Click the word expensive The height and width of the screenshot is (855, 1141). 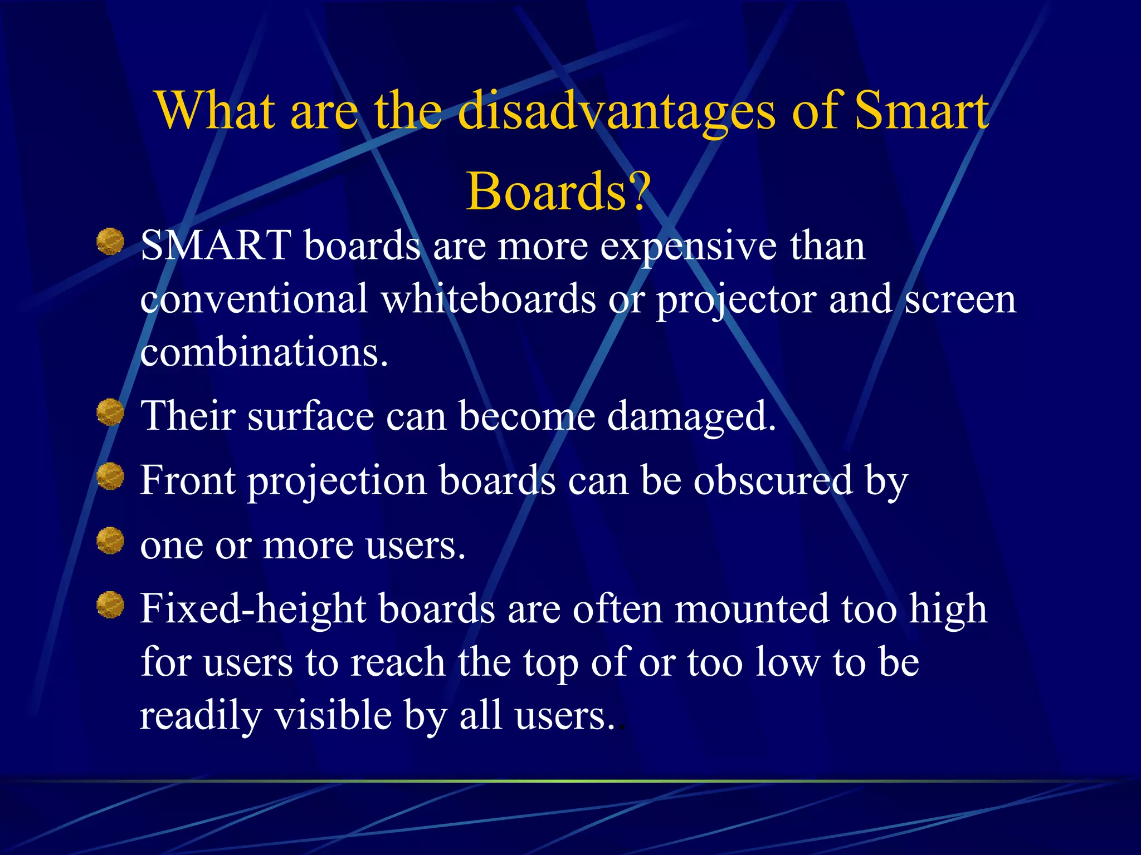pyautogui.click(x=688, y=247)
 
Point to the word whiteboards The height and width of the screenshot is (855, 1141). pyautogui.click(x=489, y=299)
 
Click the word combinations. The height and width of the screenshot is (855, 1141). pyautogui.click(x=264, y=352)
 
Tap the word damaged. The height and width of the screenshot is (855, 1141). pyautogui.click(x=691, y=417)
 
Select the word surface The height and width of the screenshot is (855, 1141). pyautogui.click(x=310, y=416)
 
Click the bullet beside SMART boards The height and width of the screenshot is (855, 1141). pyautogui.click(x=110, y=241)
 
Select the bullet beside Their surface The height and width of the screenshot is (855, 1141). pyautogui.click(x=110, y=412)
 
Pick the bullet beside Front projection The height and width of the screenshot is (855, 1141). pyautogui.click(x=110, y=476)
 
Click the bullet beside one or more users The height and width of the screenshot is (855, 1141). pyautogui.click(x=110, y=540)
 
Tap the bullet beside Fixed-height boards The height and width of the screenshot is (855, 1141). pyautogui.click(x=110, y=605)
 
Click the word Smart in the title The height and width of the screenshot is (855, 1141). pyautogui.click(x=921, y=111)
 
